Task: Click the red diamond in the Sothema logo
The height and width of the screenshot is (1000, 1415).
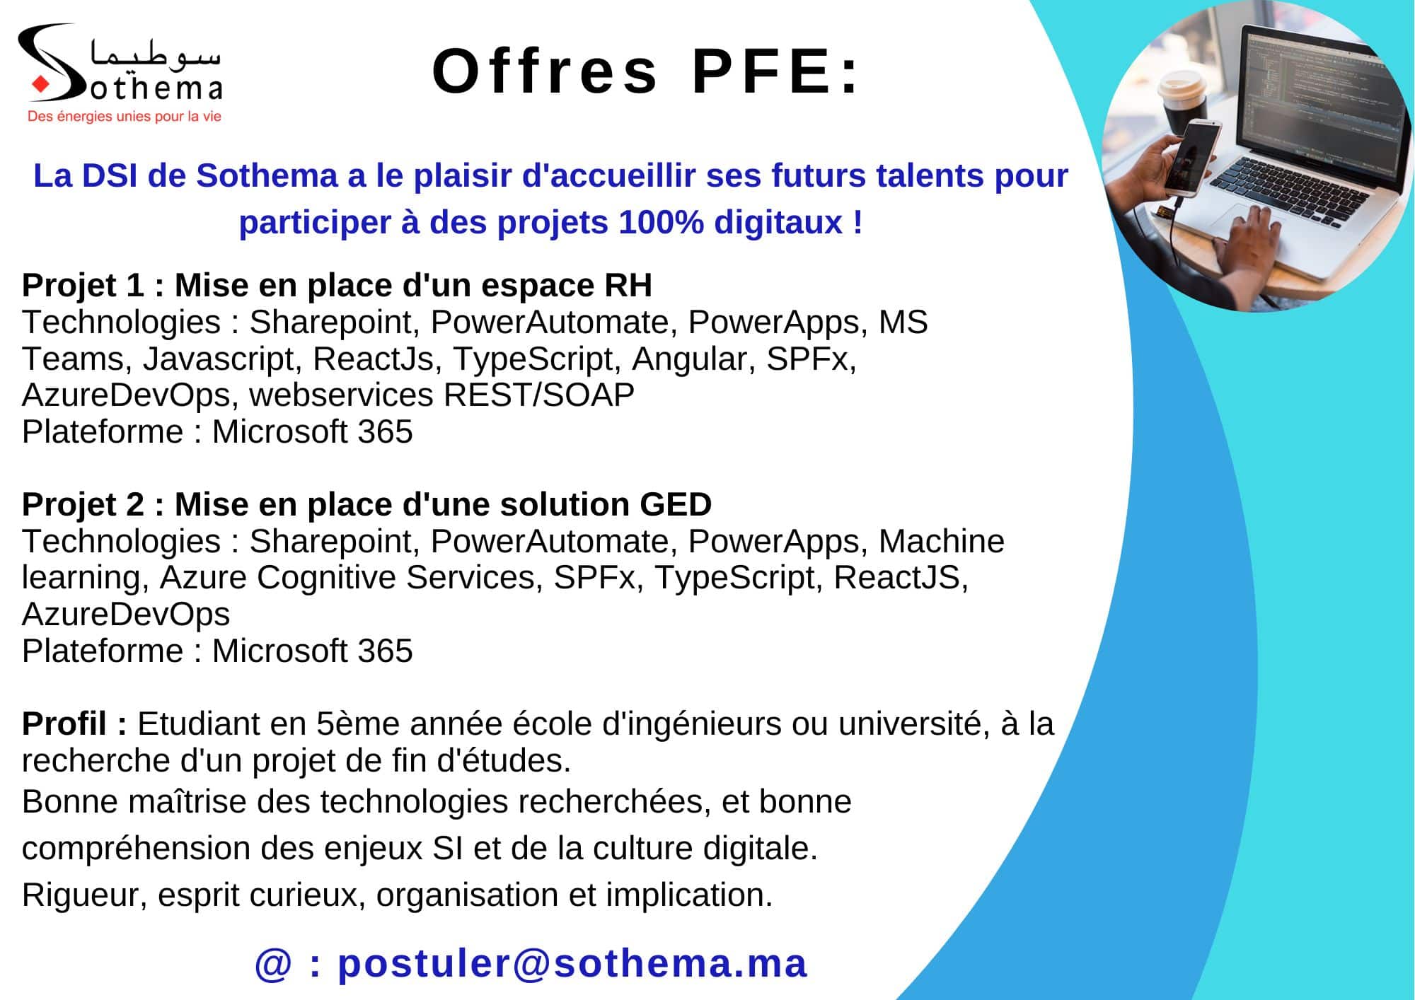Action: pyautogui.click(x=40, y=85)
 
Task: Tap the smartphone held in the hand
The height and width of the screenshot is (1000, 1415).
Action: pyautogui.click(x=1191, y=157)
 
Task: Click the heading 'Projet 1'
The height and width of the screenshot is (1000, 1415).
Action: pyautogui.click(x=83, y=286)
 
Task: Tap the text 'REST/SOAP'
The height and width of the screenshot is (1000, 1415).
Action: pyautogui.click(x=538, y=395)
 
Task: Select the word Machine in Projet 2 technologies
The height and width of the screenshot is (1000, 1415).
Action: pyautogui.click(x=941, y=542)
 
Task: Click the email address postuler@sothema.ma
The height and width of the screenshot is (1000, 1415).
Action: pyautogui.click(x=572, y=964)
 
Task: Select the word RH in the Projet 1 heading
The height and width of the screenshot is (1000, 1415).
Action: pyautogui.click(x=628, y=286)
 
